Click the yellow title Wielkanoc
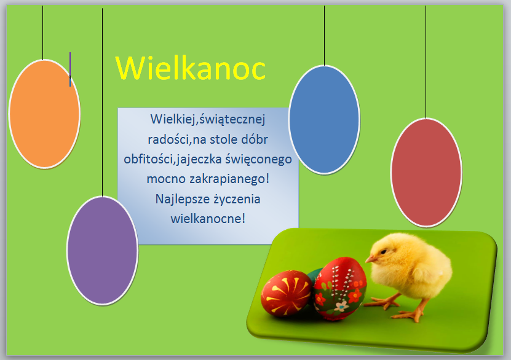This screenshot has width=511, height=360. point(191,68)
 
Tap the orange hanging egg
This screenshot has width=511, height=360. point(44,114)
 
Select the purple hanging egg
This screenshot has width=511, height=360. point(102,251)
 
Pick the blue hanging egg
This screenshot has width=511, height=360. point(324,120)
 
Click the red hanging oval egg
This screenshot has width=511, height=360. point(426,173)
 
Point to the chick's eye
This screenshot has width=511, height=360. point(384,251)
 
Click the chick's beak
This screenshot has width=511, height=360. point(370,259)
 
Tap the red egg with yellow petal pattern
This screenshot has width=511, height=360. point(287,293)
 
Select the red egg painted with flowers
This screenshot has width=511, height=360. point(340,288)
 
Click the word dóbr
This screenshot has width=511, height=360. point(254,139)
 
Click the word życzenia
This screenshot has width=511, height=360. point(237,199)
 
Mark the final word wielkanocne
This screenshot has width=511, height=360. point(206,219)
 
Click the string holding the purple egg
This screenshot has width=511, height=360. point(102,102)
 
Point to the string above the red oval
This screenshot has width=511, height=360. point(426,62)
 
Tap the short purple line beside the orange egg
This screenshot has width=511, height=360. point(70,69)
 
